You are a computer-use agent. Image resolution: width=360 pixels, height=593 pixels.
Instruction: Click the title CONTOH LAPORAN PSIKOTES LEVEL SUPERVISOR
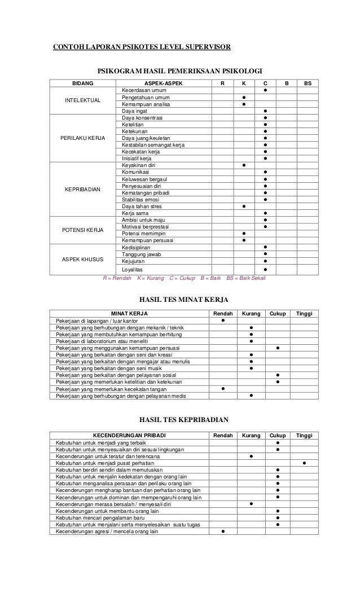[x=142, y=46]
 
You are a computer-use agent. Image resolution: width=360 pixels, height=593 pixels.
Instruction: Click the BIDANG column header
[x=82, y=84]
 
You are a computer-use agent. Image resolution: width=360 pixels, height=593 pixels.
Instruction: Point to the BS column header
[x=308, y=84]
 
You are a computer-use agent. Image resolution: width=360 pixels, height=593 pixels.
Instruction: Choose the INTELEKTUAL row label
[x=82, y=100]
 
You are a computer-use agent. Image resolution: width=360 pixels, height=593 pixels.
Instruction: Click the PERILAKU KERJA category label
[x=82, y=138]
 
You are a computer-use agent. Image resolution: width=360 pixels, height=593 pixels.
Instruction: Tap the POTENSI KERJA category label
[x=82, y=230]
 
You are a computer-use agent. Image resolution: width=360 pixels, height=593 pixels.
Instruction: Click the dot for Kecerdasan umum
[x=265, y=90]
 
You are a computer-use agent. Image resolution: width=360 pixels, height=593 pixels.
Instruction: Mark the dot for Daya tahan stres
[x=244, y=206]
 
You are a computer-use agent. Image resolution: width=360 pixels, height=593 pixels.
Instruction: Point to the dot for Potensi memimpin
[x=244, y=233]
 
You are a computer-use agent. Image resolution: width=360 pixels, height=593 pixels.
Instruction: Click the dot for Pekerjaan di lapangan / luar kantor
[x=223, y=321]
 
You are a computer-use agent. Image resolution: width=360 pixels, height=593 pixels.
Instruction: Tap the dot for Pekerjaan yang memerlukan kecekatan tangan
[x=223, y=388]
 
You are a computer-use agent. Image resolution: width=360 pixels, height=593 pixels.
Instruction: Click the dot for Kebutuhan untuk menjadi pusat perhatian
[x=304, y=463]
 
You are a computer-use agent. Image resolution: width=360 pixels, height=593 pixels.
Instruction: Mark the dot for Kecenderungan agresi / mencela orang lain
[x=223, y=531]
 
